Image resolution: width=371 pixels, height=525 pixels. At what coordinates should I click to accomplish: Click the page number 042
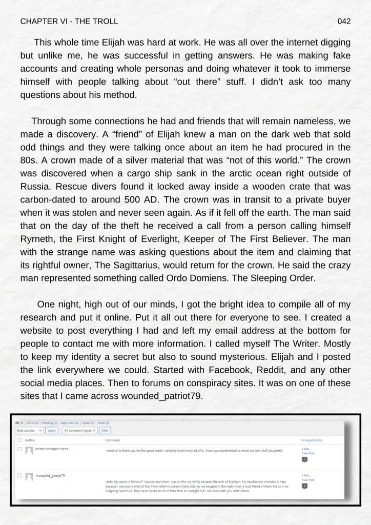[x=344, y=22]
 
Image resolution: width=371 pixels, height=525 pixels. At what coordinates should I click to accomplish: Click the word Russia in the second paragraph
[x=36, y=186]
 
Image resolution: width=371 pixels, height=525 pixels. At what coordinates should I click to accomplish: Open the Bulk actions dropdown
[x=29, y=431]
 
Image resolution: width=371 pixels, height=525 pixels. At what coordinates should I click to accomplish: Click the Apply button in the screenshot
[x=52, y=431]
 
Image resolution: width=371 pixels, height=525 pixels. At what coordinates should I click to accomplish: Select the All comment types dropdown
[x=79, y=431]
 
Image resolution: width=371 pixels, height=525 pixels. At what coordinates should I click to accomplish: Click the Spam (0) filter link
[x=88, y=423]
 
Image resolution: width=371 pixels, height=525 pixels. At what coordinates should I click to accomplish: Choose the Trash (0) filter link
[x=104, y=423]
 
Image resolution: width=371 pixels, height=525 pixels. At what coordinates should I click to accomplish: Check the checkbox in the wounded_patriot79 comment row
[x=19, y=475]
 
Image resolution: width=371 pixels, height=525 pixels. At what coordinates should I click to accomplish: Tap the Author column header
[x=30, y=440]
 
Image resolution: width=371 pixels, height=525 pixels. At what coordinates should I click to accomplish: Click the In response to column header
[x=312, y=440]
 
